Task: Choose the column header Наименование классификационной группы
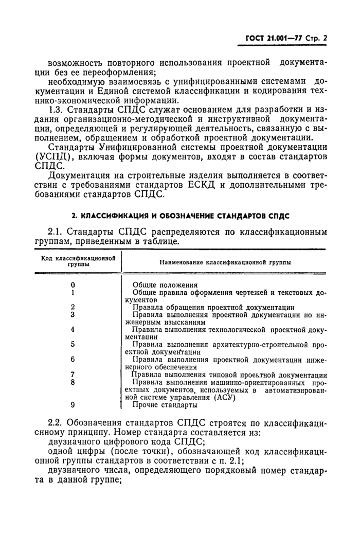coord(224,262)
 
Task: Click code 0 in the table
coord(73,284)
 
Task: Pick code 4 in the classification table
coord(73,329)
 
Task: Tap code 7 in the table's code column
coord(73,375)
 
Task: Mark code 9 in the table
coord(73,404)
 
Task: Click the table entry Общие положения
coord(165,284)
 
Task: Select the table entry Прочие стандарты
coord(161,405)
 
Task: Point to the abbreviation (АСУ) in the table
coord(223,397)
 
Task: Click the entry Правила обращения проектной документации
coord(213,307)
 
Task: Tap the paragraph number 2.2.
coord(56,422)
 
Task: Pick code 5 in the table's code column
coord(73,344)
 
